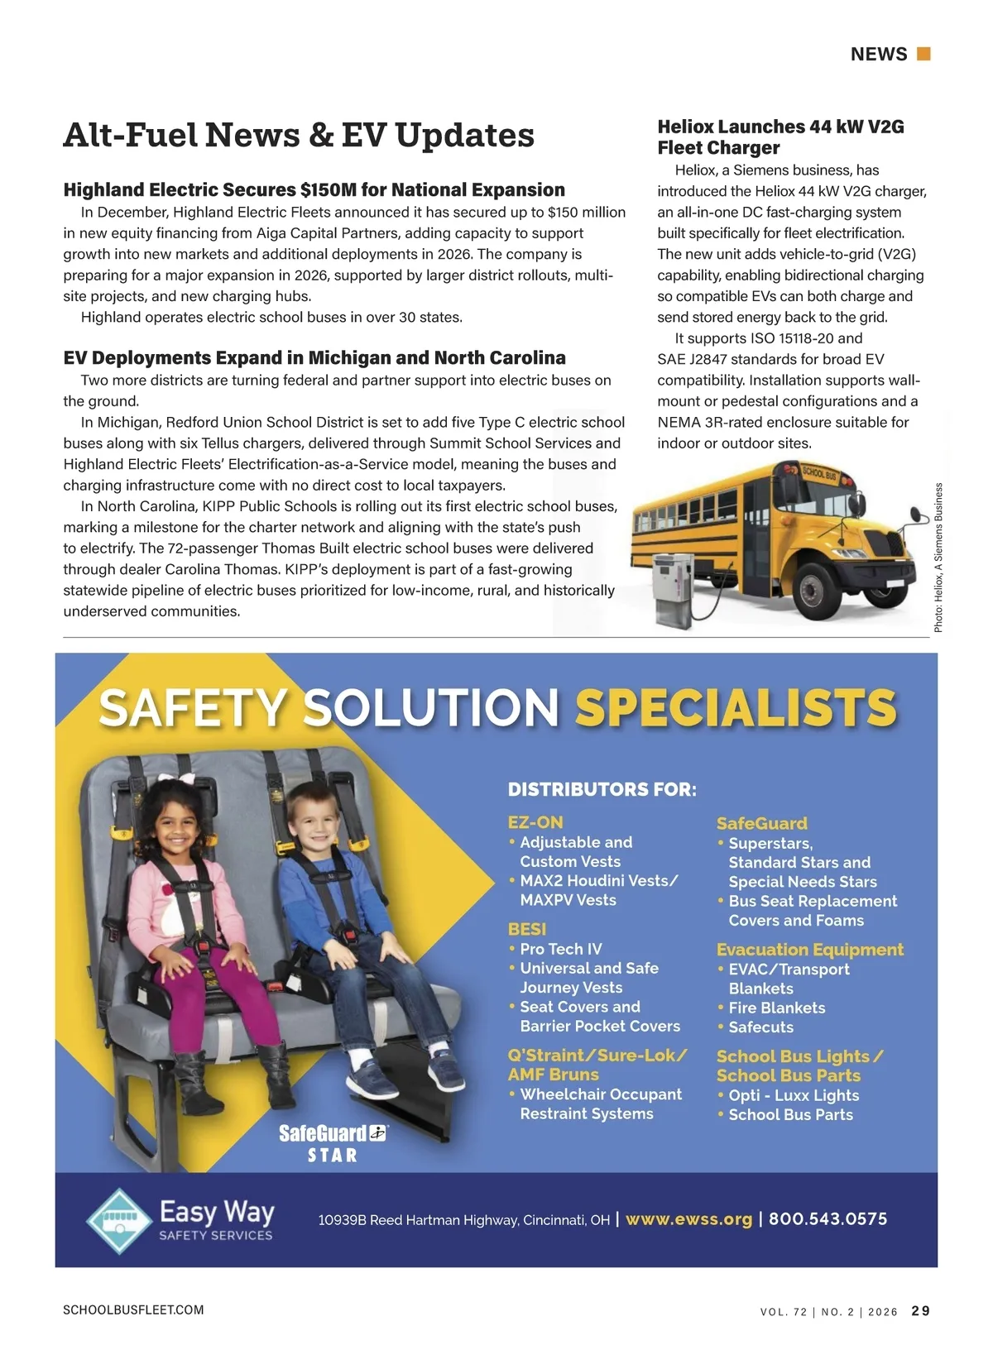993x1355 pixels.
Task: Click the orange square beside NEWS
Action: coord(924,54)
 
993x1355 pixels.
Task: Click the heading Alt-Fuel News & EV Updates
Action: coord(299,136)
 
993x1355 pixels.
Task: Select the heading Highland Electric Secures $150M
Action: coord(314,190)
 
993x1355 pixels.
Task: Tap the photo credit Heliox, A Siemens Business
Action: coord(938,558)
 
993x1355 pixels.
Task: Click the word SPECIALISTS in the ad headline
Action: coord(736,708)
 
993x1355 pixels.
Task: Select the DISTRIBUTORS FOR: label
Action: coord(602,789)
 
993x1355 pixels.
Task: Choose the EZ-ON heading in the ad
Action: coord(535,822)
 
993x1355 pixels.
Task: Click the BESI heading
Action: coord(526,929)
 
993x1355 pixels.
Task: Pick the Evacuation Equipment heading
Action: coord(809,950)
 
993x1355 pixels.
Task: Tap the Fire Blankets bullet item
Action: coord(776,1008)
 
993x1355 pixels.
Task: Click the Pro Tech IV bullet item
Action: coord(560,949)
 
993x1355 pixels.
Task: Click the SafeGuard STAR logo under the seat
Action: coord(333,1143)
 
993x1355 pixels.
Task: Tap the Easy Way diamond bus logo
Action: coord(121,1221)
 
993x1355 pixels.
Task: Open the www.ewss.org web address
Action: coord(688,1219)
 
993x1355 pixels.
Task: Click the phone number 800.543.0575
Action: coord(827,1219)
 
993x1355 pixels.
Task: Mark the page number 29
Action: coord(920,1311)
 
